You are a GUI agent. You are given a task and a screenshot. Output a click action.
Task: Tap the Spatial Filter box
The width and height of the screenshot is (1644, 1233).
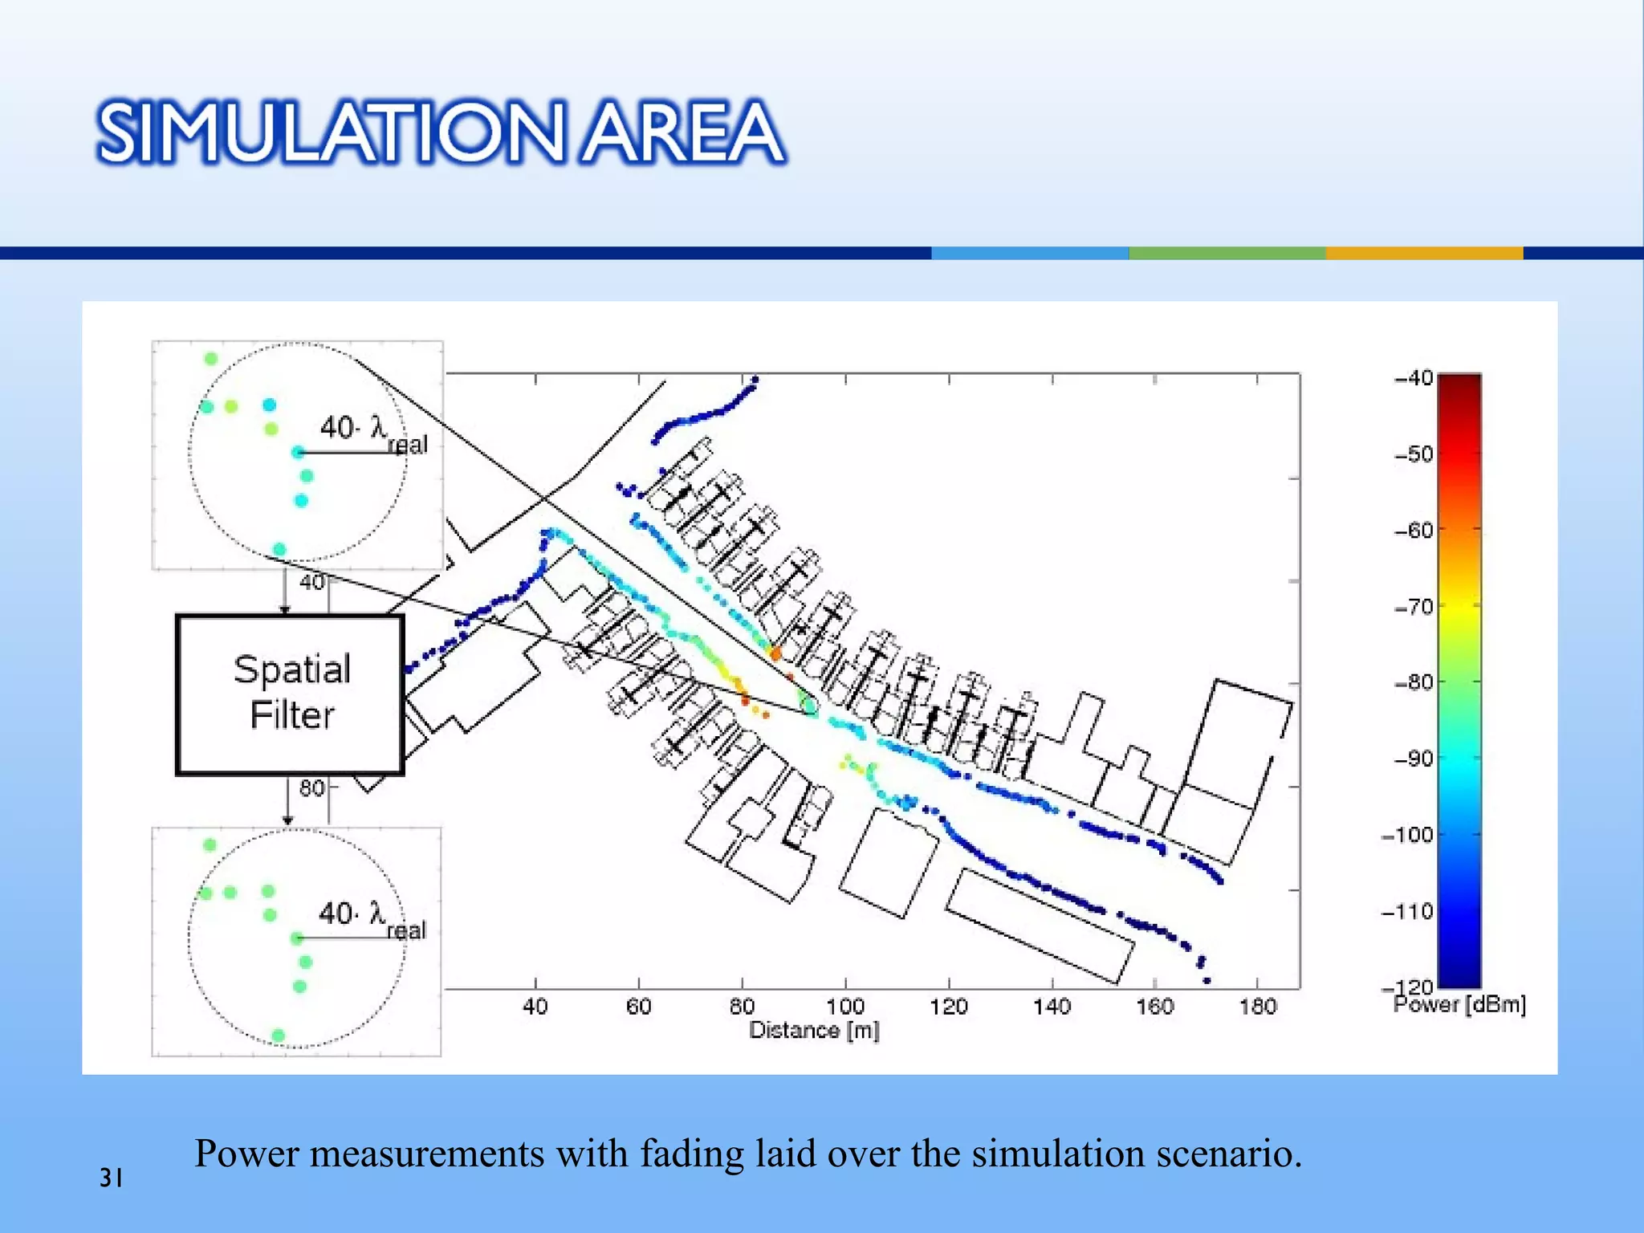pos(290,694)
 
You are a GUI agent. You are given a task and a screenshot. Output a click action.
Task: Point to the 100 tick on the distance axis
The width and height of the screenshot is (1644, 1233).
pos(845,1006)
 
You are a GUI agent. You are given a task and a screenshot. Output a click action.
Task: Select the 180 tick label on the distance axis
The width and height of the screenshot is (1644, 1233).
pos(1257,1006)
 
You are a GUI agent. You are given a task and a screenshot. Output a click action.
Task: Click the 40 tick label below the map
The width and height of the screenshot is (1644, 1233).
pos(535,1006)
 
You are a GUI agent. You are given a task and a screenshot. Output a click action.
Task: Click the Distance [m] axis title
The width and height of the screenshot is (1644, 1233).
pos(814,1030)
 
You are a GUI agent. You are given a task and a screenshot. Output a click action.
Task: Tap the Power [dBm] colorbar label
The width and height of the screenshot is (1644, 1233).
pos(1459,1004)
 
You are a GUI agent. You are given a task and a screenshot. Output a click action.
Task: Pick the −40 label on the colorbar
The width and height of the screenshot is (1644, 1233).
pos(1414,377)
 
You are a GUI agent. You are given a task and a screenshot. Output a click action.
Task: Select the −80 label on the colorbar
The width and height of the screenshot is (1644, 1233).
pos(1414,682)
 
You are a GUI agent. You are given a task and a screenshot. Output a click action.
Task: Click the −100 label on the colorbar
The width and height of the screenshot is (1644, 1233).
pos(1409,835)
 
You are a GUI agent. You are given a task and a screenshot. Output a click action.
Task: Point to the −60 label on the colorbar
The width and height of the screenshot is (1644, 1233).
pos(1414,530)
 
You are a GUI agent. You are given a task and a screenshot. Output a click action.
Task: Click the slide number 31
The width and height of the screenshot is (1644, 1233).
pos(111,1178)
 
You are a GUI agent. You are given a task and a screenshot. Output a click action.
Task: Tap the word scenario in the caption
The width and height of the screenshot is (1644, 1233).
pos(1227,1154)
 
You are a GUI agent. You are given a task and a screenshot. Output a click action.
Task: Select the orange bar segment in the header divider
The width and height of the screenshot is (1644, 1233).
pos(1423,253)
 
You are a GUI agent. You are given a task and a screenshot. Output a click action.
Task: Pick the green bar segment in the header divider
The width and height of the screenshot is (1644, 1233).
pos(1227,253)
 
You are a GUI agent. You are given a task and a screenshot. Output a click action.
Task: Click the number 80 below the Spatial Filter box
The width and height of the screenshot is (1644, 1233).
pos(311,787)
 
